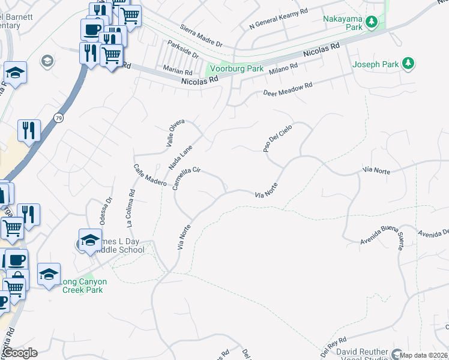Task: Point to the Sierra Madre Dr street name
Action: (x=201, y=36)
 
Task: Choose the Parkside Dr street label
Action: (x=184, y=50)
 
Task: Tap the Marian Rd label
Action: (x=178, y=71)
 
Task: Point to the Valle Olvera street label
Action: (x=175, y=134)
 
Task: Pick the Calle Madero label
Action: (x=149, y=175)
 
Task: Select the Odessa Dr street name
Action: (x=105, y=212)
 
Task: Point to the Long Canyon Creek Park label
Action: (x=83, y=286)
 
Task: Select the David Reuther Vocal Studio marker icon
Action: (x=397, y=353)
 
